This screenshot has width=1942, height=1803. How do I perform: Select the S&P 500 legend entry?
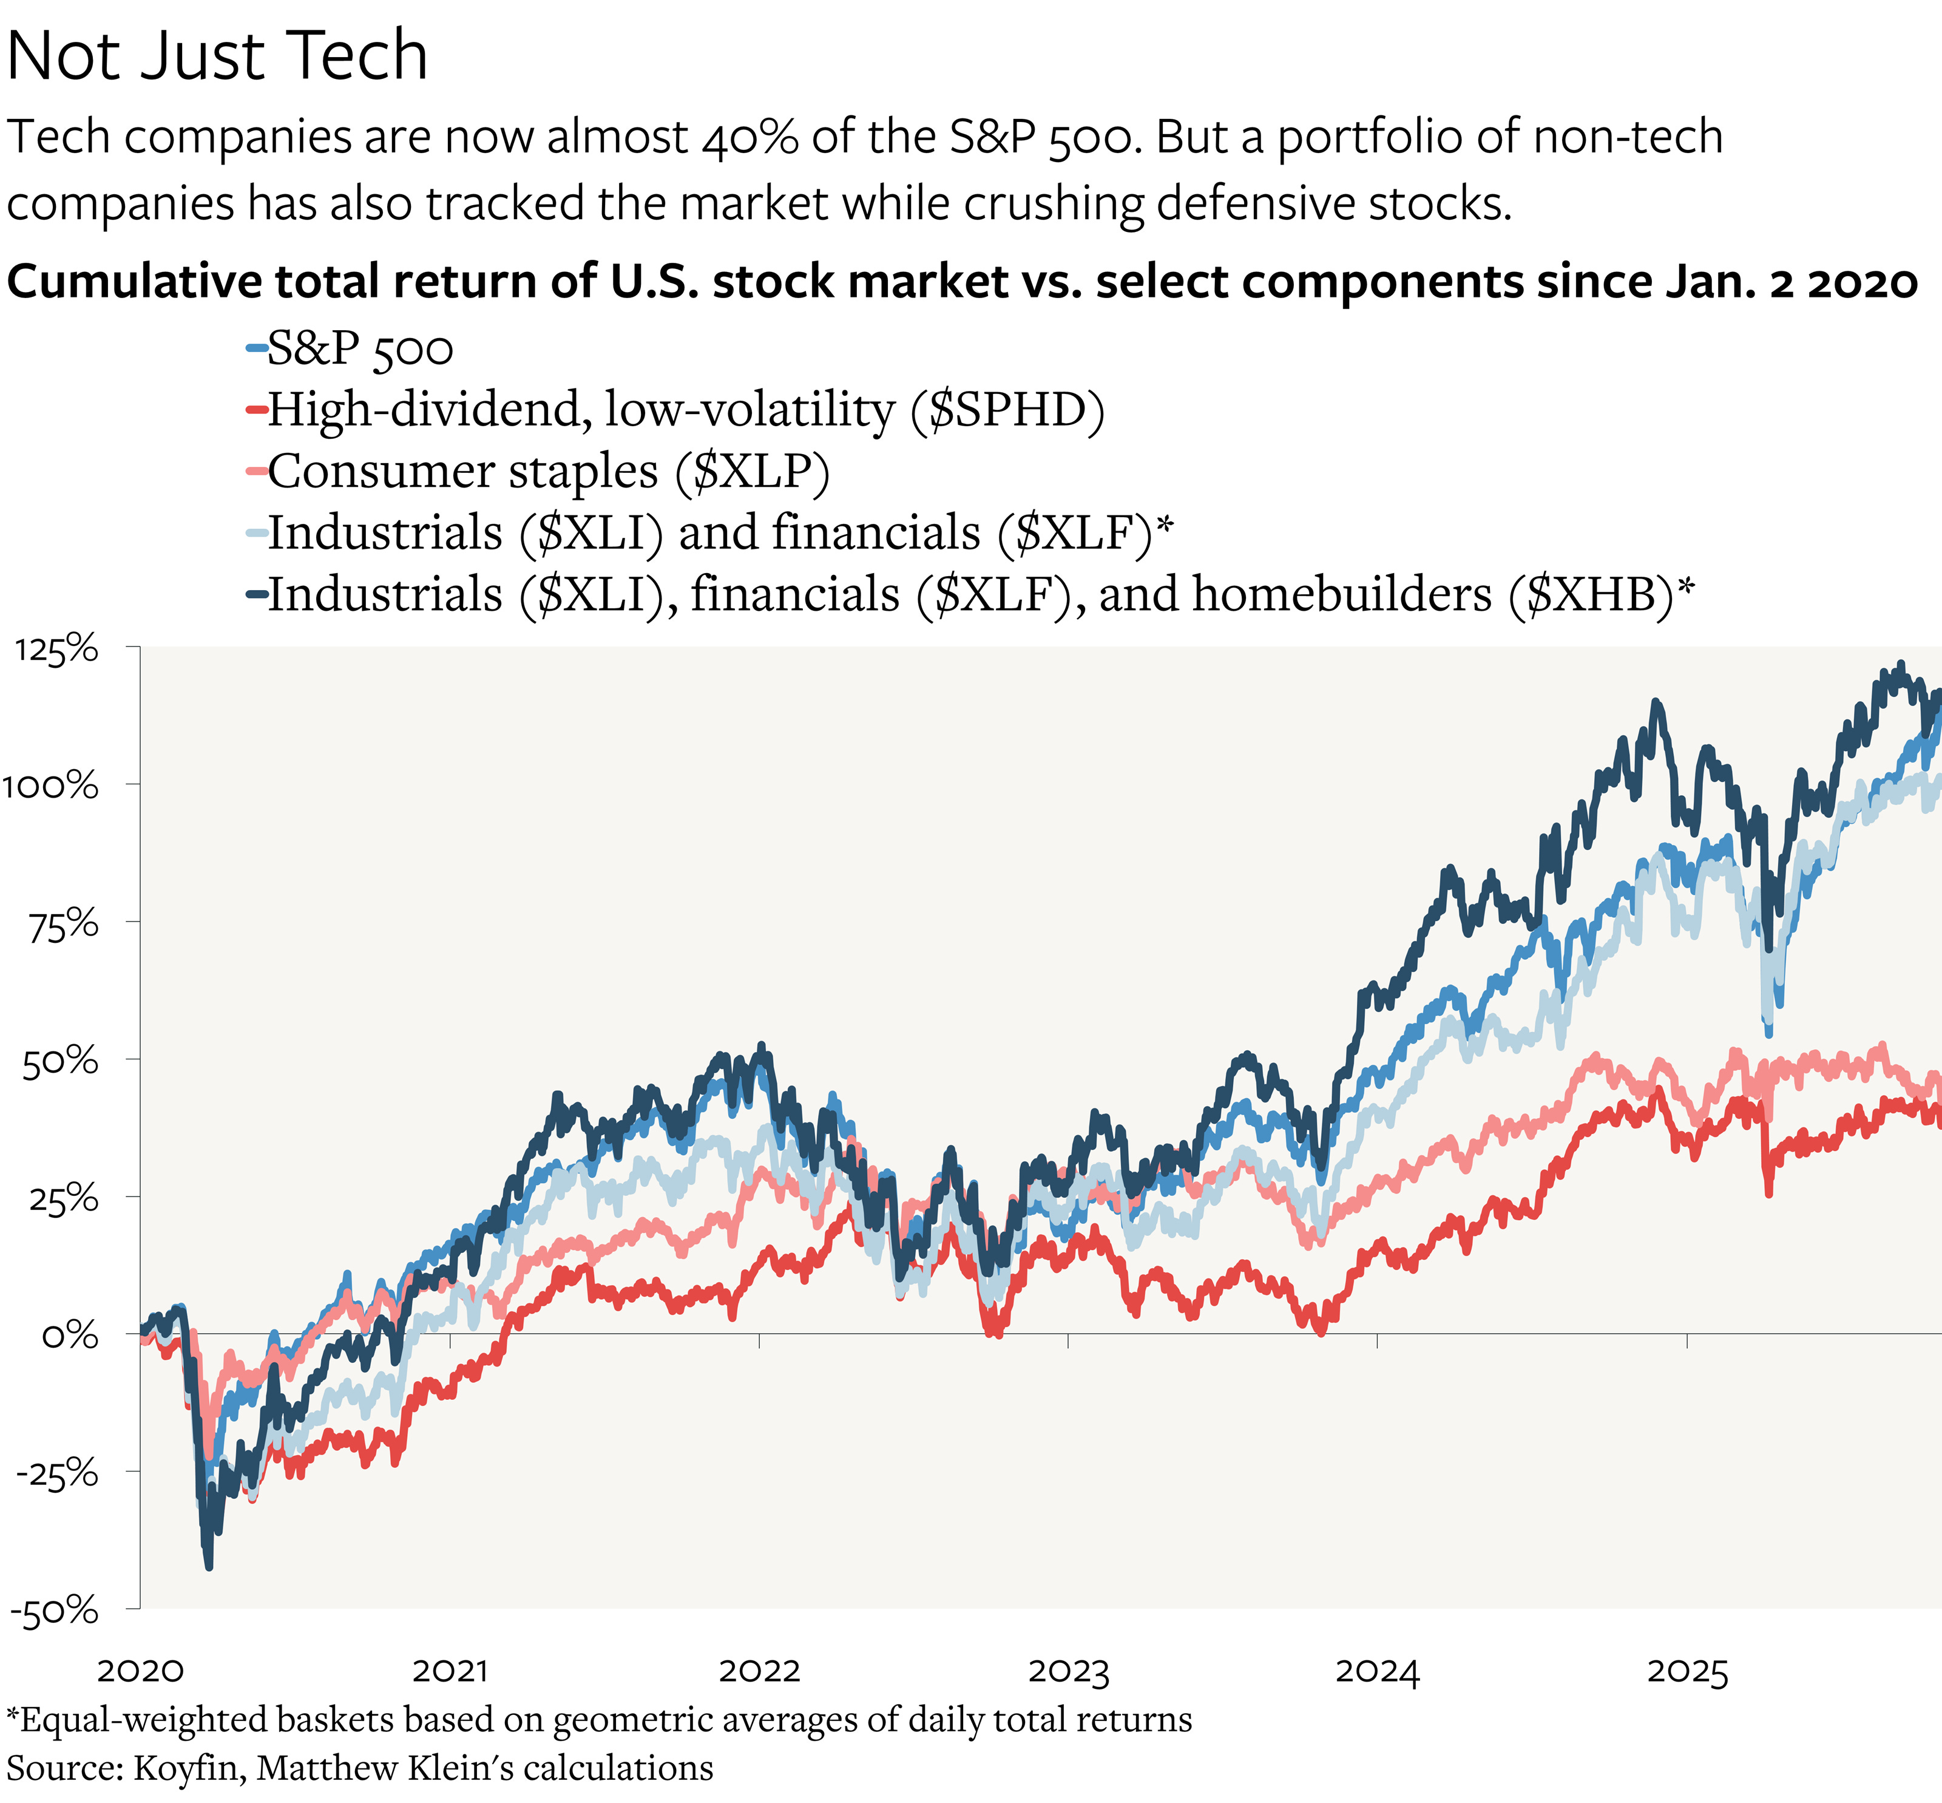pos(359,348)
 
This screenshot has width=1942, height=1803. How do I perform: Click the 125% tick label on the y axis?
pos(56,649)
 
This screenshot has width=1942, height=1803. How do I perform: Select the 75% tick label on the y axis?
pos(63,924)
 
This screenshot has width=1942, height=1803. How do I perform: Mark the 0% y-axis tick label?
pos(70,1335)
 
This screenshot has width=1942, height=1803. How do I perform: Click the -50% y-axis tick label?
pos(55,1610)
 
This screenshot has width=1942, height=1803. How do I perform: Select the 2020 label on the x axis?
pos(140,1671)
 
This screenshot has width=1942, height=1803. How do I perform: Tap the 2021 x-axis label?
pos(450,1671)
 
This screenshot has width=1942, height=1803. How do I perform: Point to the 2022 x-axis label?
pos(759,1671)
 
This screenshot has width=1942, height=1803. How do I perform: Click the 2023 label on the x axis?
pos(1069,1671)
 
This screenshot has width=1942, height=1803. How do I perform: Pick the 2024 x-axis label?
pos(1377,1671)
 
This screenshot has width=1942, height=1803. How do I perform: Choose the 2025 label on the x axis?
pos(1688,1671)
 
